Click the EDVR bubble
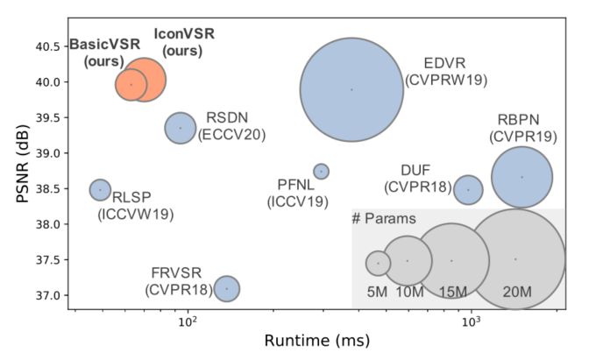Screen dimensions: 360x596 (351, 89)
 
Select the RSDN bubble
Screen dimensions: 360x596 (181, 128)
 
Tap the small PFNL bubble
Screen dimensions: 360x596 (322, 172)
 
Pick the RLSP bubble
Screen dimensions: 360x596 (101, 189)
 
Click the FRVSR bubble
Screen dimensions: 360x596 (227, 288)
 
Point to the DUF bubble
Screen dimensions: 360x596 (468, 189)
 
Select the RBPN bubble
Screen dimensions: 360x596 (521, 177)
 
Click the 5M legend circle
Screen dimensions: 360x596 (378, 262)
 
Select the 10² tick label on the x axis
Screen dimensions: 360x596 (187, 320)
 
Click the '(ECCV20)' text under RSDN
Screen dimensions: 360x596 (232, 135)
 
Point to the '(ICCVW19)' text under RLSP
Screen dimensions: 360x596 (136, 214)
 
